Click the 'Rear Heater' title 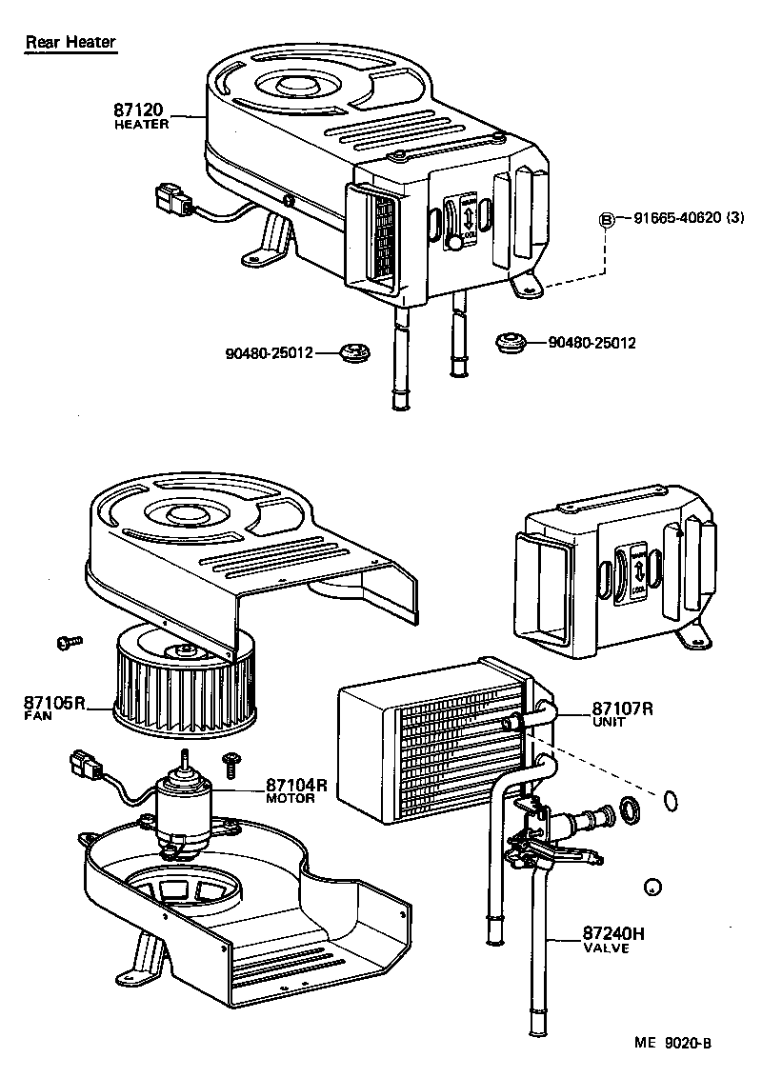pyautogui.click(x=70, y=42)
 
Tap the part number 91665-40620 pyautogui.click(x=675, y=218)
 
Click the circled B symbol pyautogui.click(x=605, y=219)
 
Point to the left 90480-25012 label pyautogui.click(x=270, y=353)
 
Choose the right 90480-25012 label pyautogui.click(x=592, y=342)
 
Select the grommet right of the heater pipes pyautogui.click(x=511, y=341)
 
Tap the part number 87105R pyautogui.click(x=54, y=704)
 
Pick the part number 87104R pyautogui.click(x=296, y=785)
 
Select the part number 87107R pyautogui.click(x=622, y=709)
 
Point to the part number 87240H pyautogui.click(x=613, y=934)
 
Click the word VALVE pyautogui.click(x=606, y=948)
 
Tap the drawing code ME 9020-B pyautogui.click(x=672, y=1042)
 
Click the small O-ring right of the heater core pyautogui.click(x=670, y=801)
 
